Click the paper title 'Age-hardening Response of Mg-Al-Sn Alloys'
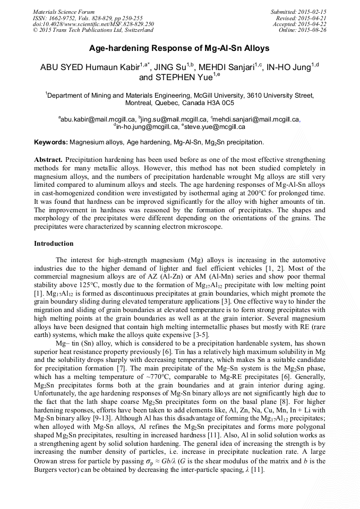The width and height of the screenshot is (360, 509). coord(179,48)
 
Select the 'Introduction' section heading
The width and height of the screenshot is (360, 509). coord(54,244)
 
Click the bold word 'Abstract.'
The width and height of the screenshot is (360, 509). coord(48,160)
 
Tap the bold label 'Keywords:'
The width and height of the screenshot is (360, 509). coord(51,142)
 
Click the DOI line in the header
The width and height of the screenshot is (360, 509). coord(93,24)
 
